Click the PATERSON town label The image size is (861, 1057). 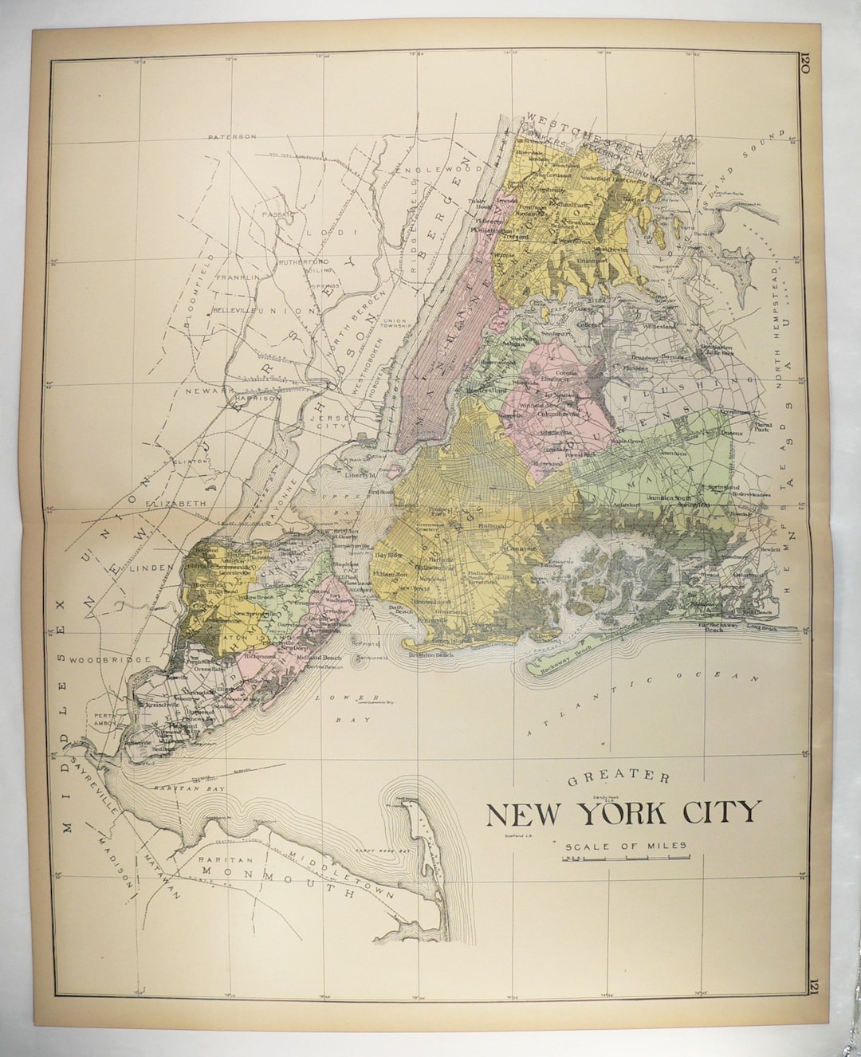[232, 136]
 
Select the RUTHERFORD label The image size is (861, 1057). [303, 261]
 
